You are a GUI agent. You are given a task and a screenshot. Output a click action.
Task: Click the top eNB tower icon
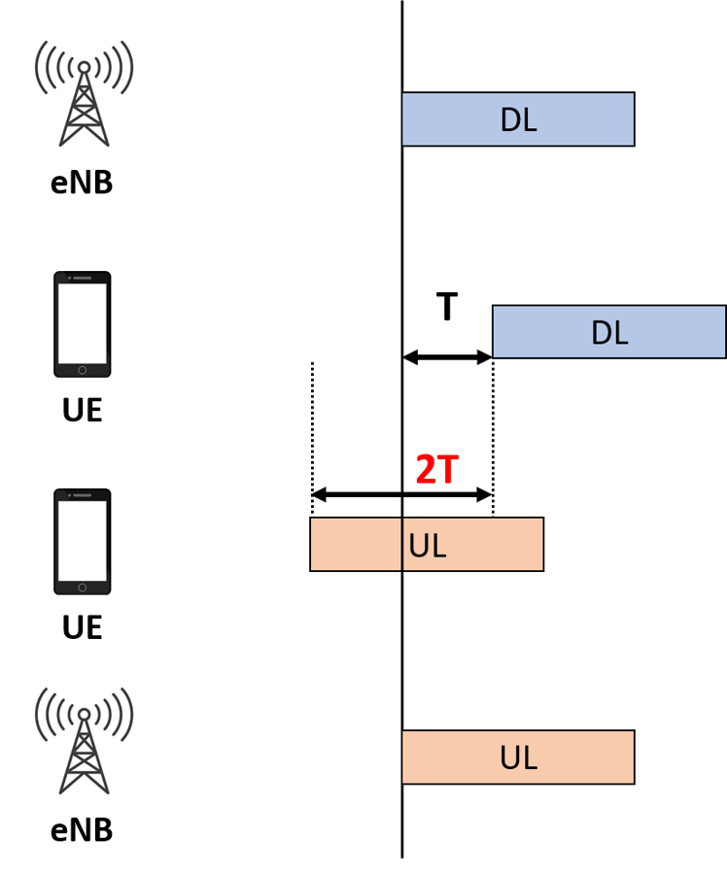point(84,93)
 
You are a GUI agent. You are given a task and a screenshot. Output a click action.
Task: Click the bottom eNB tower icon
point(84,741)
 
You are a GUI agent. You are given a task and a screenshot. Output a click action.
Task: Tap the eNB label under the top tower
point(82,183)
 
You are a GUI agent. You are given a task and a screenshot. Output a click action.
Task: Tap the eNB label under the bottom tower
point(82,830)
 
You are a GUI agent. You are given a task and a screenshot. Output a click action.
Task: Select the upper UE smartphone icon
point(82,324)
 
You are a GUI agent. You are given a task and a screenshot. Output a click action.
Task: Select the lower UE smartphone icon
point(82,542)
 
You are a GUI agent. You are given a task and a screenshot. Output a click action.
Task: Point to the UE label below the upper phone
point(82,410)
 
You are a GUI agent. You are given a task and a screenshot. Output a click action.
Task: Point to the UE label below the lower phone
point(82,627)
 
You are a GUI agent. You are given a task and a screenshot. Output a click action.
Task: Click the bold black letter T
point(446,307)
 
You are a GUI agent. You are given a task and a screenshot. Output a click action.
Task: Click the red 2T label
point(436,470)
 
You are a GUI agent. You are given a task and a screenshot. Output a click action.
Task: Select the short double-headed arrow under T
point(447,357)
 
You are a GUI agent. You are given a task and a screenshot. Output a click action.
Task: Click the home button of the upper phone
point(82,369)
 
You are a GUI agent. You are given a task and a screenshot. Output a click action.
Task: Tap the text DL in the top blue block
point(518,119)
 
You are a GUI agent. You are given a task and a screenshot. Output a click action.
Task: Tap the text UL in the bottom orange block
point(518,757)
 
